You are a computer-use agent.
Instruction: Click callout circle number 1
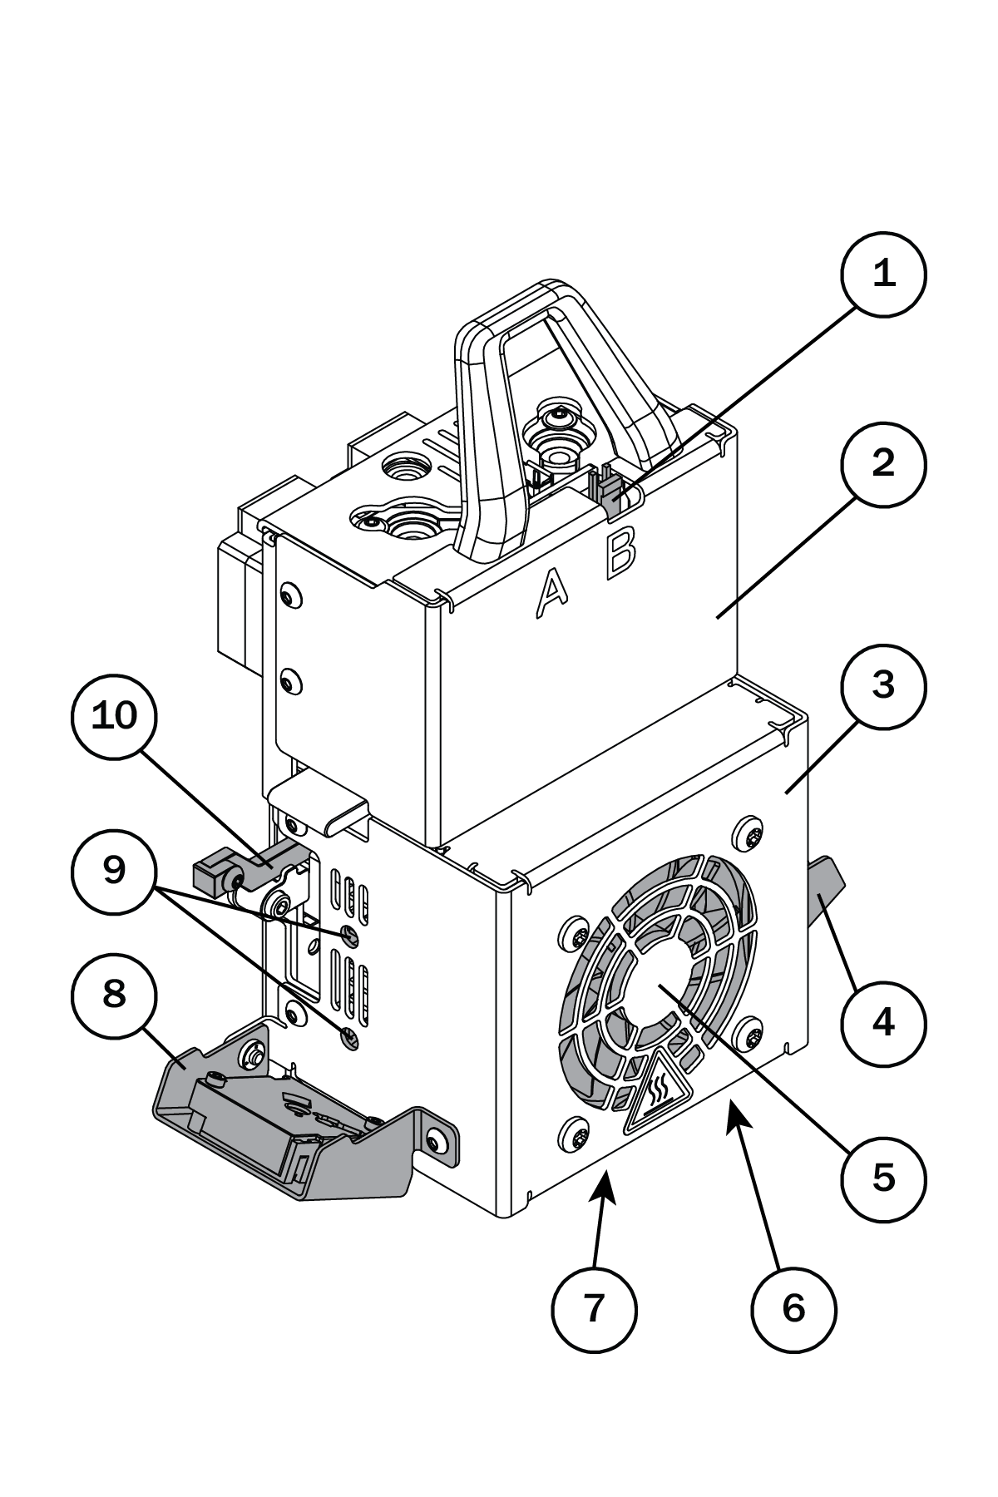pos(883,274)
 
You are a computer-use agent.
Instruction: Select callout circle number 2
pos(883,463)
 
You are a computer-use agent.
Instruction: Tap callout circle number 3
pos(883,686)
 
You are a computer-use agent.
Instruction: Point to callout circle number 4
pos(883,1022)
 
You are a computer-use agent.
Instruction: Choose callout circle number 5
pos(883,1178)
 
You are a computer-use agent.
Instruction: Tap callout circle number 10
pos(114,715)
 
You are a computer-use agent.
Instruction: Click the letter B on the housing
pos(621,551)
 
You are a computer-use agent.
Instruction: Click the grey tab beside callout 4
pos(825,890)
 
